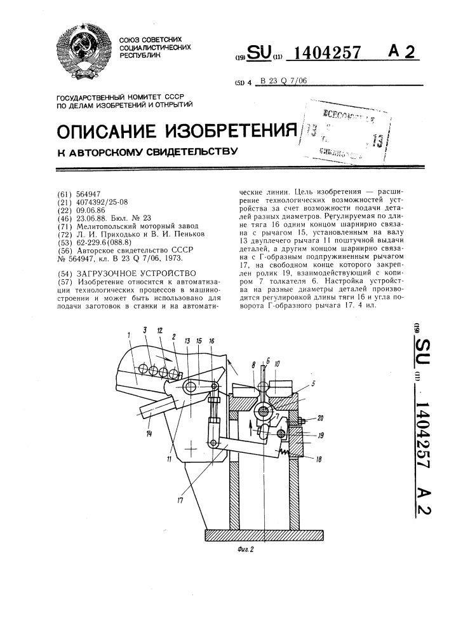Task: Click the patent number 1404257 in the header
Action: tap(325, 54)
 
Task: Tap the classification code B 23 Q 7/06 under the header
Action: tap(286, 81)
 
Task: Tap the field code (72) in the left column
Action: tap(65, 233)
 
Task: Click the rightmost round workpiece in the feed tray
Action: tap(170, 373)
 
